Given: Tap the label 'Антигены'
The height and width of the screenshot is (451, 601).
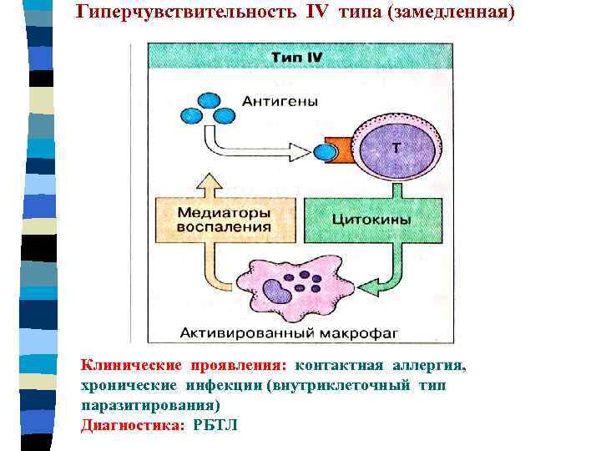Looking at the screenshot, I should click(x=280, y=101).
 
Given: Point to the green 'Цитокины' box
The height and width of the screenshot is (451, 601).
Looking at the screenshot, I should click(x=371, y=220).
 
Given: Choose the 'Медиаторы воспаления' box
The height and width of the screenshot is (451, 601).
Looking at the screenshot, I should click(x=225, y=220).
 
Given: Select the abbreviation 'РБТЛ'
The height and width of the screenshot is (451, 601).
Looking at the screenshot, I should click(x=215, y=424).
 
